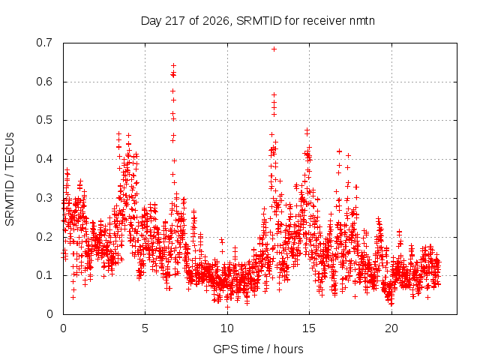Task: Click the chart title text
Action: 258,21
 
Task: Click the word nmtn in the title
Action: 361,21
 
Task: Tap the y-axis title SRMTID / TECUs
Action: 10,179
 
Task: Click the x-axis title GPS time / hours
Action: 258,349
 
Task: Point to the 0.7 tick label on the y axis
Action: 44,43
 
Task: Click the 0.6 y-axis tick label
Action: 44,82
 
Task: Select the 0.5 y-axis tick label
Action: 44,120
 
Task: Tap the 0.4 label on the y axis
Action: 44,159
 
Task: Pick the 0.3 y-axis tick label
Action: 44,198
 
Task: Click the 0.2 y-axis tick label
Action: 44,237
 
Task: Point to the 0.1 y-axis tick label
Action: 44,275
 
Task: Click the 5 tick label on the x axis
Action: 145,328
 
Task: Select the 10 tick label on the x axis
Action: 227,328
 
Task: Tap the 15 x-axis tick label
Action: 309,328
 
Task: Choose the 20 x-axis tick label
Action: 391,328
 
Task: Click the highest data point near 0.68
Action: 274,49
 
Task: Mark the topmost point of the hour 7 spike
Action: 173,65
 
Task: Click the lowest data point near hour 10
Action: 227,307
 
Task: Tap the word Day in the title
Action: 151,21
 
